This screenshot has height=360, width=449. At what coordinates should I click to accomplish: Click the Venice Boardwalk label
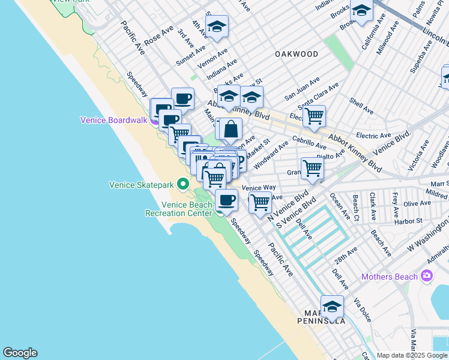point(113,120)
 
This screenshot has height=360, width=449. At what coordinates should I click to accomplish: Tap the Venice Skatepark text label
point(143,184)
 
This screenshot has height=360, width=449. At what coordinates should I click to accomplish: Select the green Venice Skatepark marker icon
point(186,184)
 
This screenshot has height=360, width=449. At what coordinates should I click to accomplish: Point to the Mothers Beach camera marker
point(427,276)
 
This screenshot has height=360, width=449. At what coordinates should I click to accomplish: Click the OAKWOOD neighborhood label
point(297,54)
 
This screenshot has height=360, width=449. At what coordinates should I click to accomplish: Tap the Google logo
point(20,353)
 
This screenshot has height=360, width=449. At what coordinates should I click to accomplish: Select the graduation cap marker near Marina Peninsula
point(332,307)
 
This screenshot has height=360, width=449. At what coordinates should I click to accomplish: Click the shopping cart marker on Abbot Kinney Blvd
point(314,116)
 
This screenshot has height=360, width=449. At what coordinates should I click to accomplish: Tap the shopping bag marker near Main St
point(231,128)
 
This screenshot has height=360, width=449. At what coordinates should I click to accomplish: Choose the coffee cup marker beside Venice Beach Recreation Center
point(226,200)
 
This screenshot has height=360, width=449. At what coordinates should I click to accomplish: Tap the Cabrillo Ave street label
point(309,142)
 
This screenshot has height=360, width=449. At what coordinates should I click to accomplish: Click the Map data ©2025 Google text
point(411,355)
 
